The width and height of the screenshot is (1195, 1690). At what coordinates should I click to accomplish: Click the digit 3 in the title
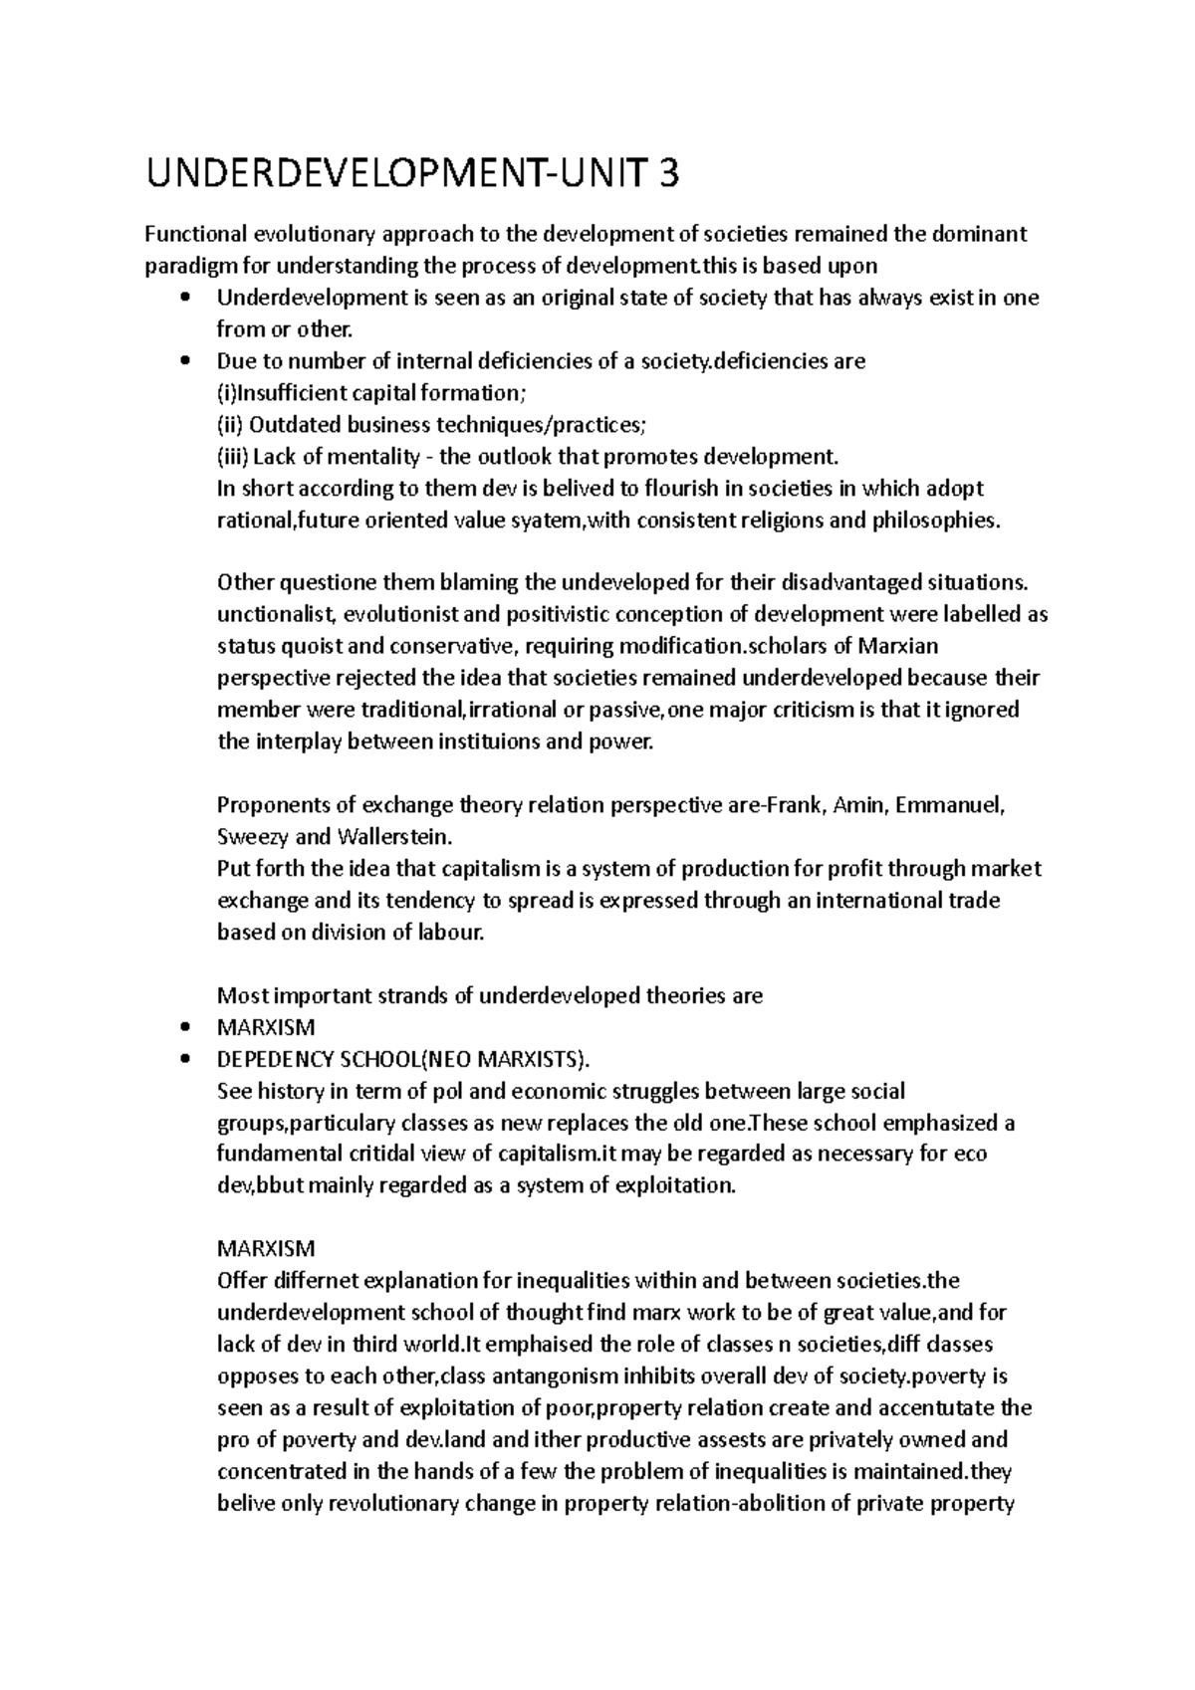point(667,175)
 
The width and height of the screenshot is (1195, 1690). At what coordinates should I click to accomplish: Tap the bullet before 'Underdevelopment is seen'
point(181,298)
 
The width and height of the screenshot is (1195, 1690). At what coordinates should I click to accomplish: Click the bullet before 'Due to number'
point(181,361)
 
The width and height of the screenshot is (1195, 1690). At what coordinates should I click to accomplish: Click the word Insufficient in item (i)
point(289,393)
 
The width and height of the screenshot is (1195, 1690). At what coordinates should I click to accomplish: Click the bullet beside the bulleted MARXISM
point(181,1027)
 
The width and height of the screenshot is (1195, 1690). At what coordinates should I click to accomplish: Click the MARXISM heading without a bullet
point(266,1248)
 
